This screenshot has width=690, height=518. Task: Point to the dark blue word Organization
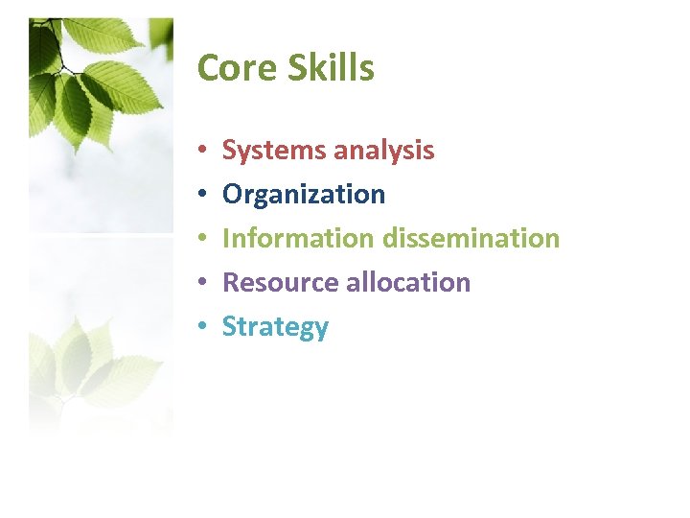pos(304,195)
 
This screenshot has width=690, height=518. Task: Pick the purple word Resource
pos(273,282)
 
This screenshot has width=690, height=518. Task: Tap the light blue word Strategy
pos(275,327)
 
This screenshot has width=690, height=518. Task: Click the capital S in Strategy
pos(229,326)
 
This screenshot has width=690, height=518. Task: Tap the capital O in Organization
pos(232,195)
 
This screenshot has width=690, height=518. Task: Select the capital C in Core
pos(207,68)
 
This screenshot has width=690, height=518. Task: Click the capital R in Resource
pos(230,282)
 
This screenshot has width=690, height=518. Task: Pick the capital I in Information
pos(226,238)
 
